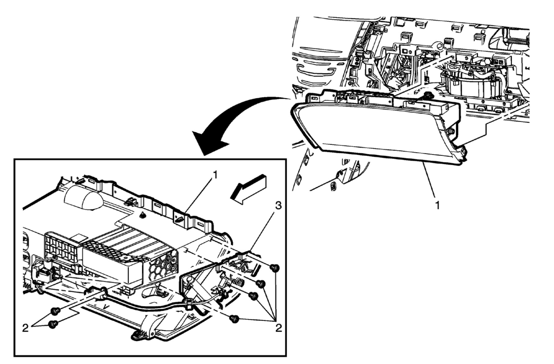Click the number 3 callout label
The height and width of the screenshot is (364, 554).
click(x=278, y=206)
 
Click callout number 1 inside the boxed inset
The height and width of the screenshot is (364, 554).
click(x=216, y=175)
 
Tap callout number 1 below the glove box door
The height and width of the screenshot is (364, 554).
click(x=437, y=205)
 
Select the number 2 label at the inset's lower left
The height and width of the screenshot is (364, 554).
click(x=25, y=328)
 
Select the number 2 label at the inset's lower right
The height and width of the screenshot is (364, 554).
click(x=278, y=328)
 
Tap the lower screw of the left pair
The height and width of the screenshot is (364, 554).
click(x=53, y=324)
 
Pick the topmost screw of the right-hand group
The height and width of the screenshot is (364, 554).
click(x=275, y=268)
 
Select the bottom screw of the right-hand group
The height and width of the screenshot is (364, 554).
click(x=234, y=319)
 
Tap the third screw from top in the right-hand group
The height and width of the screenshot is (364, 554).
click(x=253, y=296)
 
